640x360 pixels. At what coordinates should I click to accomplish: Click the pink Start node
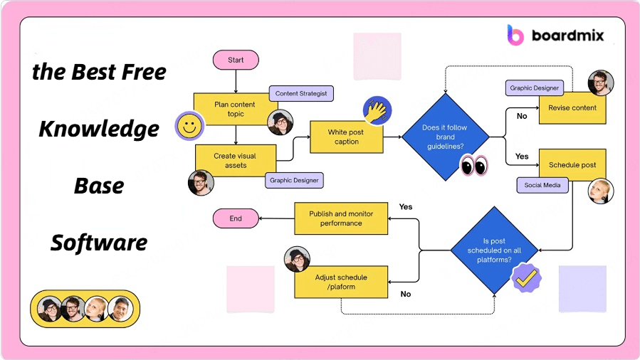click(236, 60)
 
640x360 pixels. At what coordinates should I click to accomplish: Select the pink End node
click(236, 218)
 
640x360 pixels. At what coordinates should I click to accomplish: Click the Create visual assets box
click(235, 160)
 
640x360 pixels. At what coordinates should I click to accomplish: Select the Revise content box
click(572, 108)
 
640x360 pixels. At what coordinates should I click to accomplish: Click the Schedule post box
click(572, 165)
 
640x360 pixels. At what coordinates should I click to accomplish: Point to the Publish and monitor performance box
click(341, 218)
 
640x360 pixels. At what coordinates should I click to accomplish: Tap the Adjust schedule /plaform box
click(341, 282)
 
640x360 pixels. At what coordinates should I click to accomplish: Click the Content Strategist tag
click(301, 93)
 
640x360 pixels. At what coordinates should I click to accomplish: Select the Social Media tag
click(542, 185)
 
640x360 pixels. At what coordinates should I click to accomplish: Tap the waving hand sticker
click(377, 110)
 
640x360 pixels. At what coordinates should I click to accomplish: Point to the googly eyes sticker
click(474, 165)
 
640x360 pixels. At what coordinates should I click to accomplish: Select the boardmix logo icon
click(515, 34)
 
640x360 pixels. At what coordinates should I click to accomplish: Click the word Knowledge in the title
click(99, 129)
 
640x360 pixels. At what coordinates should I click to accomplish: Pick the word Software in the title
click(99, 243)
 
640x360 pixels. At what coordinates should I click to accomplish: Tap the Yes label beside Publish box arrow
click(406, 207)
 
